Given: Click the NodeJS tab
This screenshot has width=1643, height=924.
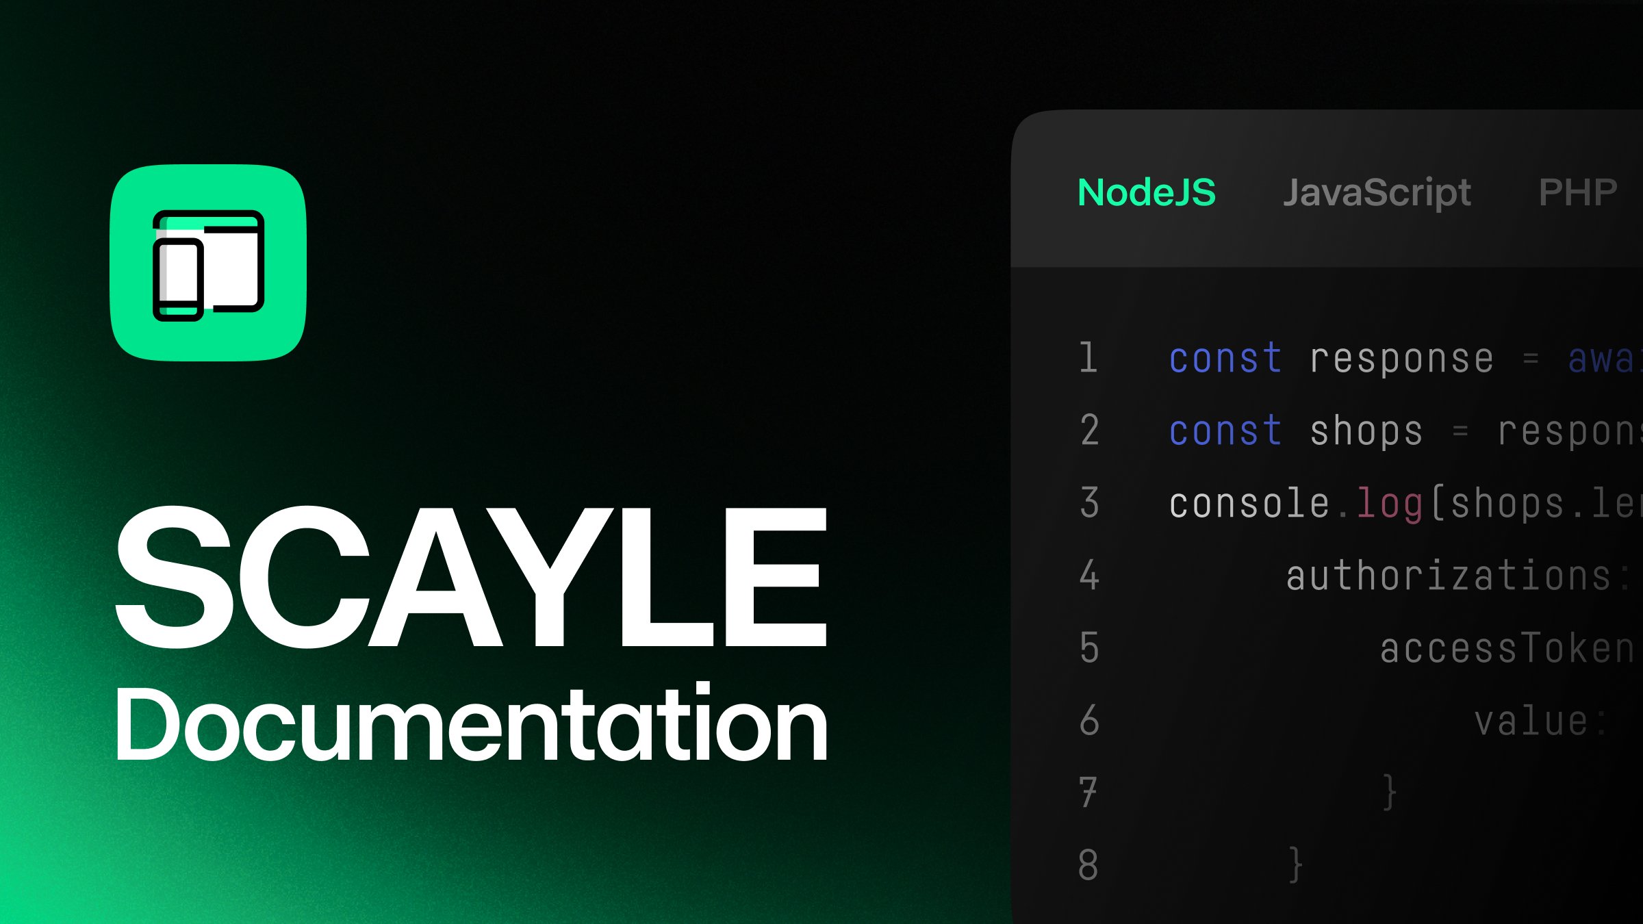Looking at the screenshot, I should click(x=1147, y=192).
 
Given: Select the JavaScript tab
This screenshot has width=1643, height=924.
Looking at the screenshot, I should click(x=1377, y=192).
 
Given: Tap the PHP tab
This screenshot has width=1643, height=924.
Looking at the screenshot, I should click(x=1577, y=192).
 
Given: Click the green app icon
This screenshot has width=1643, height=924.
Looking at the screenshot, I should click(x=208, y=263).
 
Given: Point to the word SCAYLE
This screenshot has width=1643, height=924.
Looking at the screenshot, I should click(x=472, y=577).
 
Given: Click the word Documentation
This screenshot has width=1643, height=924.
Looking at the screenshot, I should click(x=472, y=724).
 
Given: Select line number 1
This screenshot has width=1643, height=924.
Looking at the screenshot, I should click(x=1088, y=358).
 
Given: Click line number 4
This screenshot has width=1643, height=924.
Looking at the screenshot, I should click(x=1089, y=575).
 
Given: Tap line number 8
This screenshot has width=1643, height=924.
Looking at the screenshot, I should click(x=1088, y=864).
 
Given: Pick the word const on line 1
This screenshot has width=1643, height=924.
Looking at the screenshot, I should click(x=1225, y=359).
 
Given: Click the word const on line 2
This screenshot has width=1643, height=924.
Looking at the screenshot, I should click(x=1225, y=431).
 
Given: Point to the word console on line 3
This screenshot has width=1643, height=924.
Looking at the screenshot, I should click(x=1249, y=504).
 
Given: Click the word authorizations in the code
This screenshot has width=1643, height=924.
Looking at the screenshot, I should click(x=1449, y=576).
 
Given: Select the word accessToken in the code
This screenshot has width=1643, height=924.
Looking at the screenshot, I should click(x=1506, y=649).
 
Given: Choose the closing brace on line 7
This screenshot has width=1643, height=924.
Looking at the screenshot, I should click(x=1389, y=793).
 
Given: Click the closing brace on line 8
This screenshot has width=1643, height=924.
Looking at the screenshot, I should click(x=1295, y=865).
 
